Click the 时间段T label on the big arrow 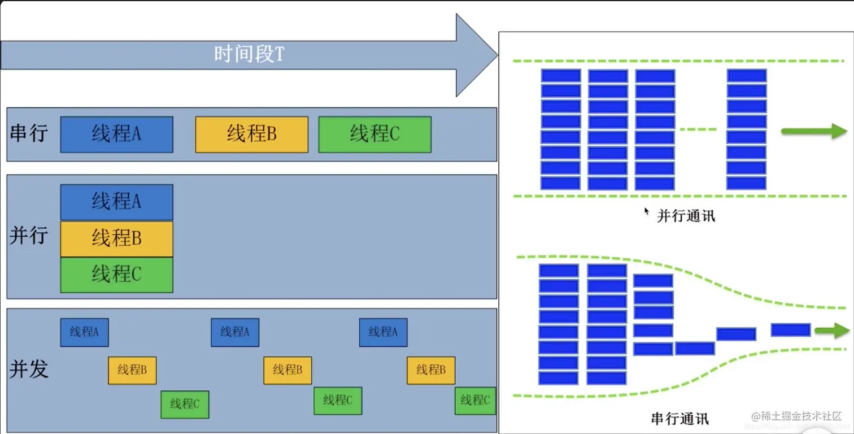[249, 54]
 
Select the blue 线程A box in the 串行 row [116, 134]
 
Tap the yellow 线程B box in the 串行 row [251, 134]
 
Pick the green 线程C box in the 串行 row [374, 134]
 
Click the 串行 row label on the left [29, 133]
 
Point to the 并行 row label [29, 236]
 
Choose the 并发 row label [29, 369]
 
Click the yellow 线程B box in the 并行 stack [116, 239]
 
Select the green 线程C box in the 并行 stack [116, 275]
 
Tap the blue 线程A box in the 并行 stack [116, 202]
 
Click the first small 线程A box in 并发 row [84, 332]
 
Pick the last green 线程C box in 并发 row [475, 401]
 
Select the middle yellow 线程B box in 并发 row [287, 370]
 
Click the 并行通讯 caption [686, 216]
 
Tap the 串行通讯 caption [679, 419]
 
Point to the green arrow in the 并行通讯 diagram [814, 131]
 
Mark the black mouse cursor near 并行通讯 [647, 211]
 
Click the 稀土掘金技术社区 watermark [796, 416]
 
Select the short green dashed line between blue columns [698, 129]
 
